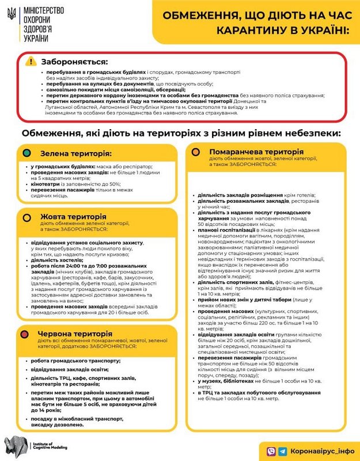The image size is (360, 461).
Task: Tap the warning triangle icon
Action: (x=31, y=62)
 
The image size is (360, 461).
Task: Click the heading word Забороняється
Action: (x=74, y=62)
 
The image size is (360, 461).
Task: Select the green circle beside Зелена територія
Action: (x=26, y=154)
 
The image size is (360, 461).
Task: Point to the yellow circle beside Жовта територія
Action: (x=26, y=217)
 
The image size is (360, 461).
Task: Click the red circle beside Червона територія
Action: (x=26, y=334)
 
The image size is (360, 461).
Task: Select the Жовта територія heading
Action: (x=73, y=217)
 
